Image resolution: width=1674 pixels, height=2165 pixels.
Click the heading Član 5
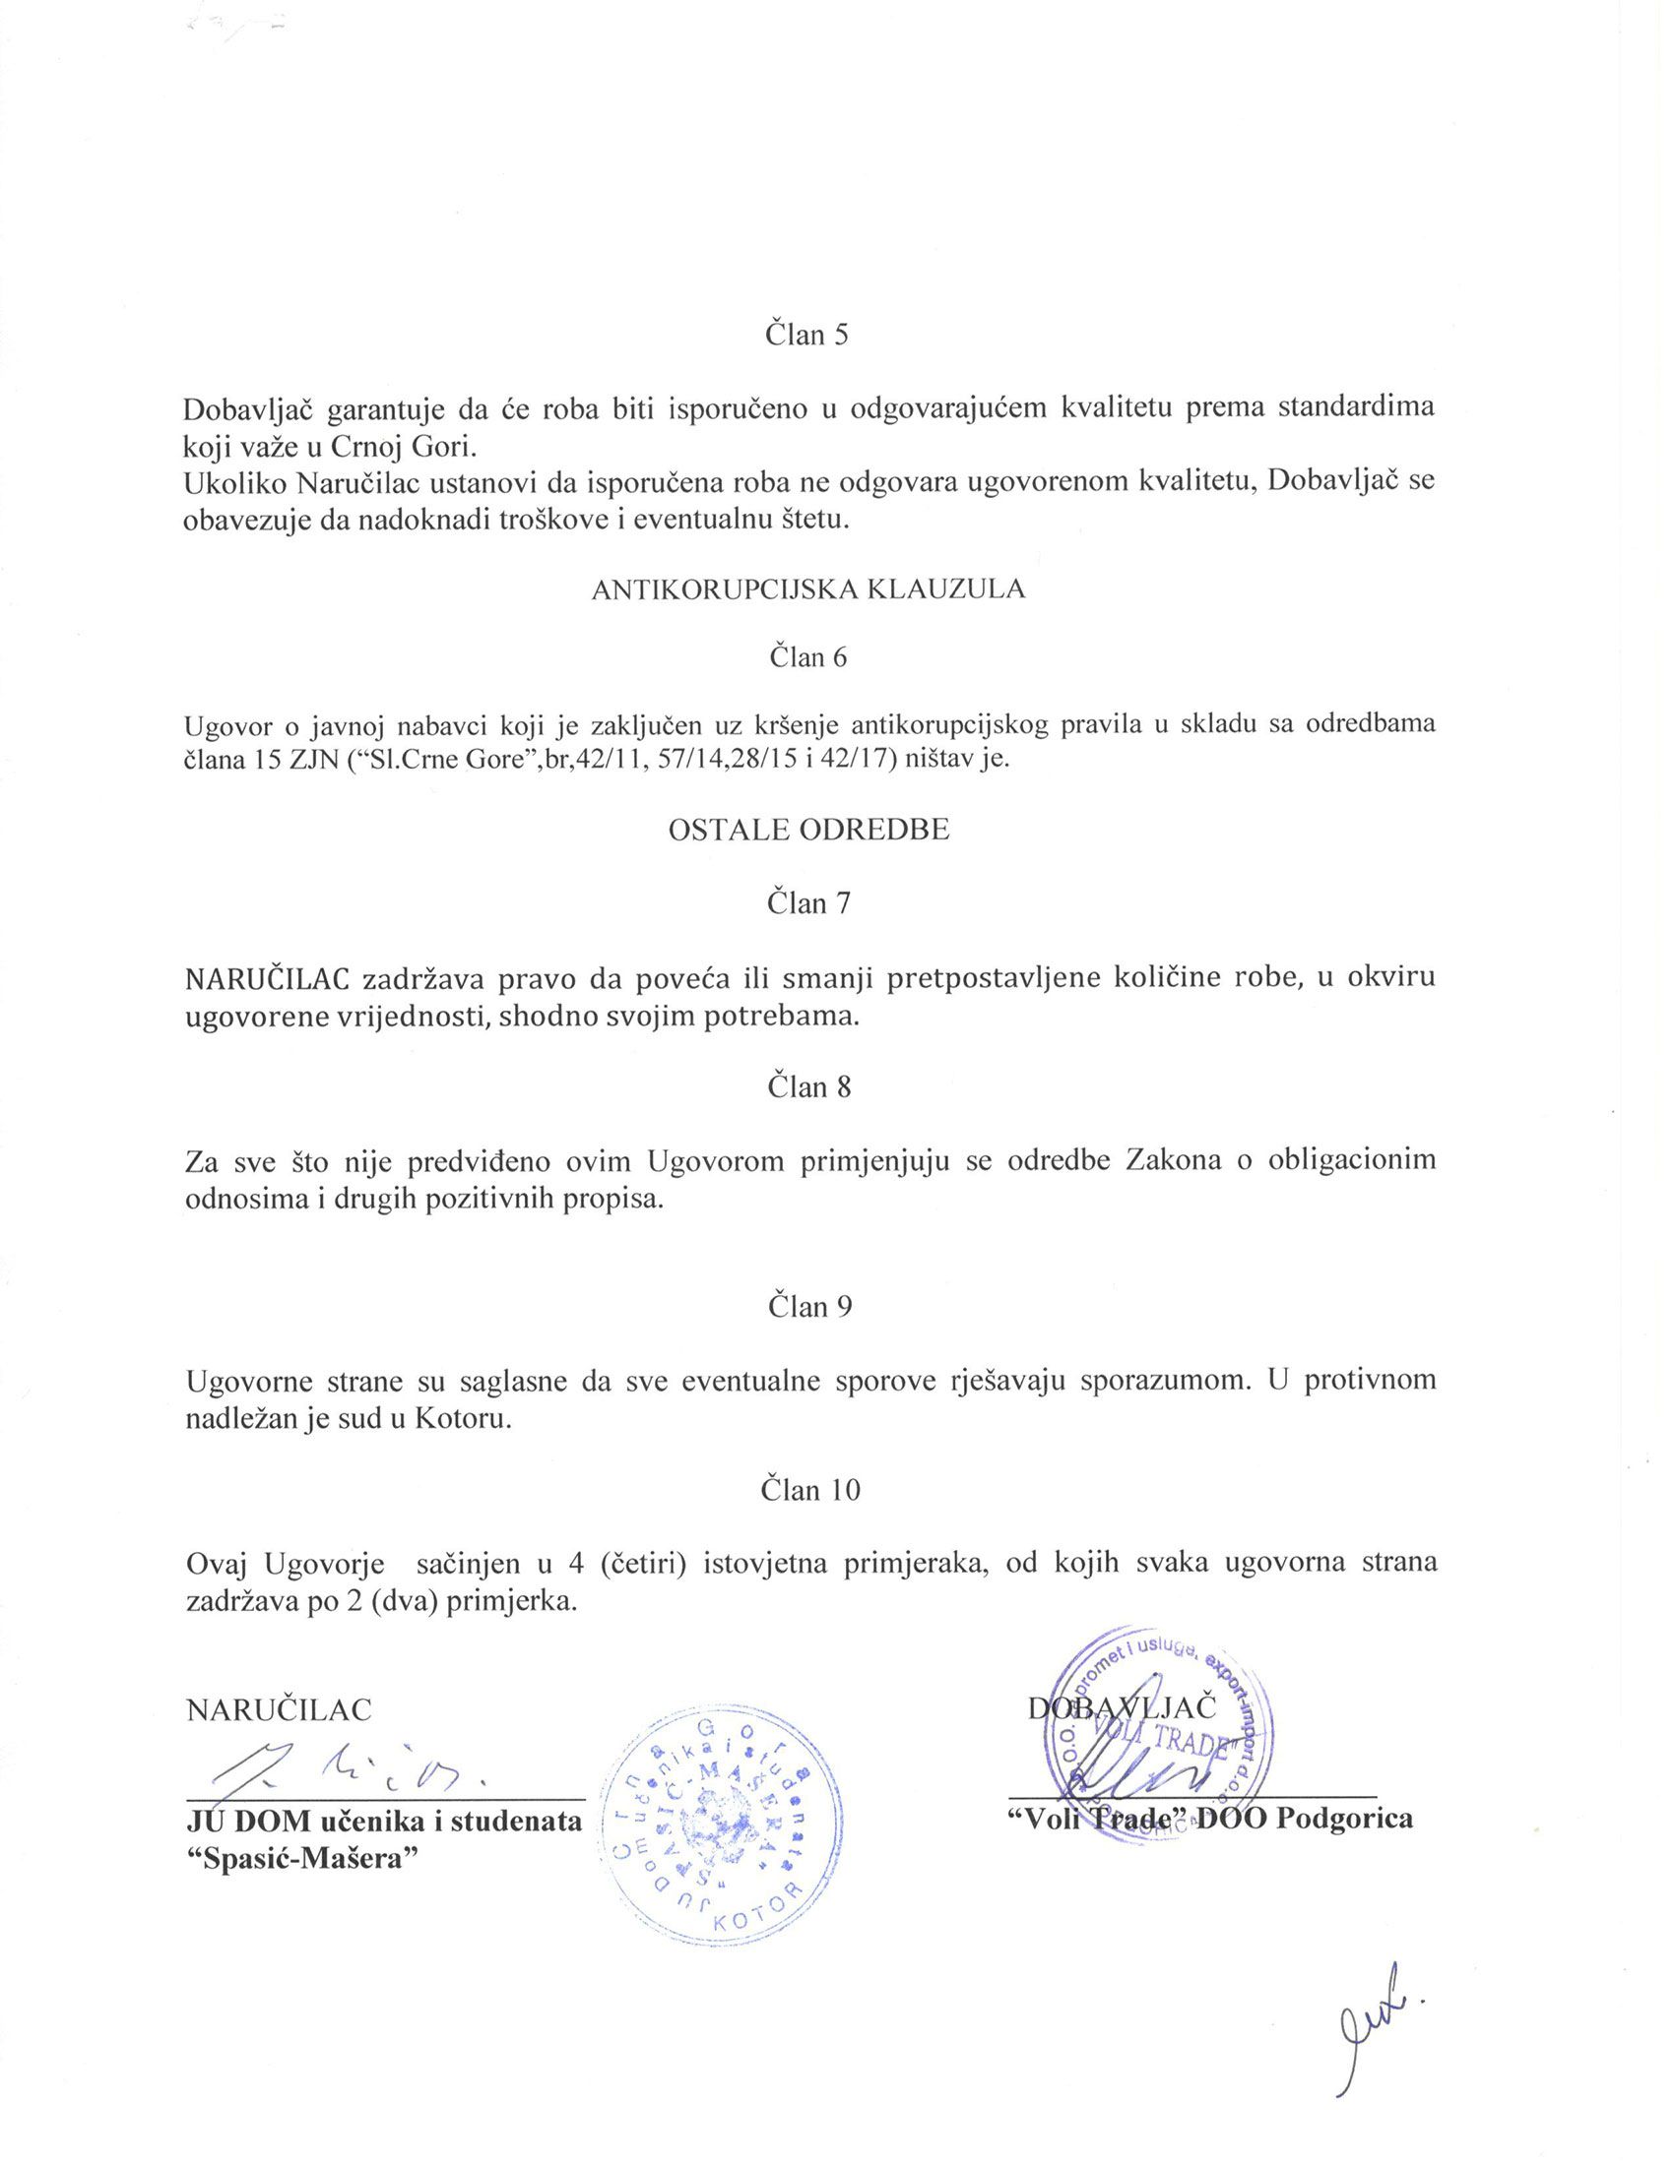pos(807,334)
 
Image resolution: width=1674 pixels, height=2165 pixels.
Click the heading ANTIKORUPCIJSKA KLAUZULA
pos(808,589)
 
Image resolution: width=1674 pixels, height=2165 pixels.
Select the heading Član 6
pos(808,657)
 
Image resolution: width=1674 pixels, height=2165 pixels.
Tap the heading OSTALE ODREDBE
pos(808,830)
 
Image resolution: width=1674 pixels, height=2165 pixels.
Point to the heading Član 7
pos(808,903)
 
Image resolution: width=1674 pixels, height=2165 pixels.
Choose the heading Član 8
pos(808,1086)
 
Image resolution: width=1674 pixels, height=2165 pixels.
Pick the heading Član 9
pos(809,1306)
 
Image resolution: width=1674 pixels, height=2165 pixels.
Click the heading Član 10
pos(809,1489)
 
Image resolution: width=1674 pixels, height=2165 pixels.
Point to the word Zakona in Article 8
pos(1173,1160)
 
